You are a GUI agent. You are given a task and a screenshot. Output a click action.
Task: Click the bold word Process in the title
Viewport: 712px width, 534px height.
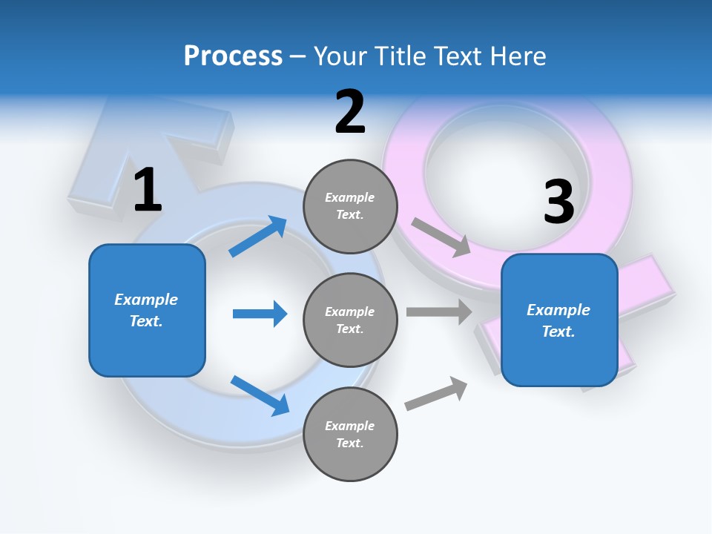tap(233, 56)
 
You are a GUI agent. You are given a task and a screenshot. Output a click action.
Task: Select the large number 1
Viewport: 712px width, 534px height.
tap(148, 190)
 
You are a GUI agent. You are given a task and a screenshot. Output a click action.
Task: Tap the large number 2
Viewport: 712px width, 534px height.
tap(350, 112)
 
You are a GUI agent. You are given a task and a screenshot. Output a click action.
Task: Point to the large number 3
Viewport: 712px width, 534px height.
tap(558, 202)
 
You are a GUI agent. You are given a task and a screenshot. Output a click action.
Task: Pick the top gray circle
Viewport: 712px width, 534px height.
tap(350, 206)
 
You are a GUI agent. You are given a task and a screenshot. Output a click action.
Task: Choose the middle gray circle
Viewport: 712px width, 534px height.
tap(350, 320)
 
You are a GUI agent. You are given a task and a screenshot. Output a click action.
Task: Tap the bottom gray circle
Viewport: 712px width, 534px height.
tap(350, 434)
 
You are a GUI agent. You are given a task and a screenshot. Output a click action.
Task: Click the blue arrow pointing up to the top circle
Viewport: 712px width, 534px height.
tap(258, 237)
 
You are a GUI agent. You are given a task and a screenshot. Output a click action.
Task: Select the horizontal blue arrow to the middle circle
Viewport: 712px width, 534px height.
tap(260, 314)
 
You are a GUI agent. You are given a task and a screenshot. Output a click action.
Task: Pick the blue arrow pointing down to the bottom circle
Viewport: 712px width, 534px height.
tap(260, 395)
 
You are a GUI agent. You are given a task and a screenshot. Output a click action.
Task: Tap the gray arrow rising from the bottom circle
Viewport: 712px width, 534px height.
tap(436, 394)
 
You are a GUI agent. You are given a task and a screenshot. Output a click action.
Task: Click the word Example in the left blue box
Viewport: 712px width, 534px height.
tap(146, 300)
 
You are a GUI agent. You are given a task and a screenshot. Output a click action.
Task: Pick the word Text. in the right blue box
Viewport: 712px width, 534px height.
tap(558, 332)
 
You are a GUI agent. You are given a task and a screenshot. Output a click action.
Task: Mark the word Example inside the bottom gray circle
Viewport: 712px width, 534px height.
tap(350, 426)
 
